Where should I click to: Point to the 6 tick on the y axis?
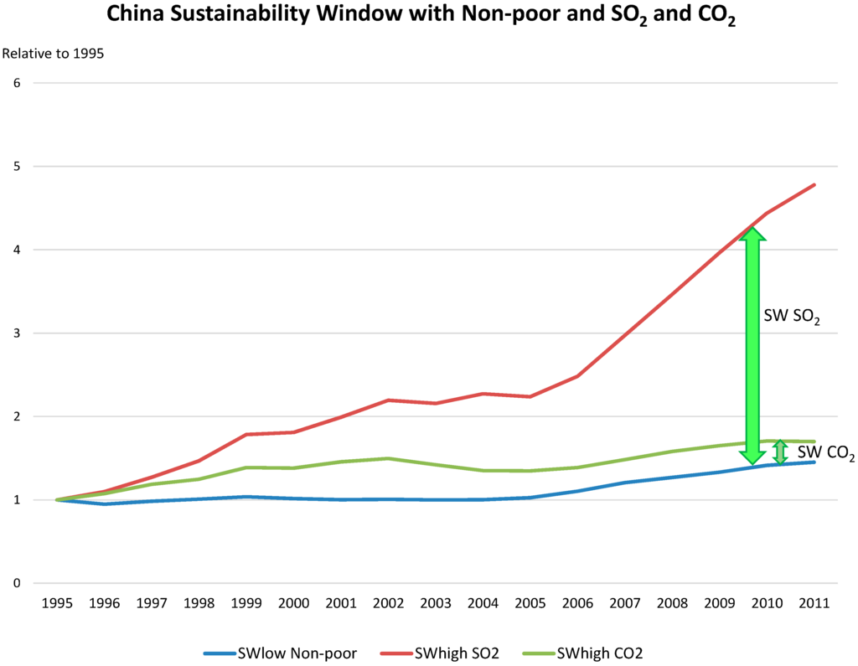point(16,83)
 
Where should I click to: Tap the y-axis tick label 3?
point(16,333)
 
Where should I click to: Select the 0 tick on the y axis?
point(16,584)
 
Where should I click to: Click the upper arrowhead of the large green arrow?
point(752,235)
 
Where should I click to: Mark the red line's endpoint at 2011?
point(814,185)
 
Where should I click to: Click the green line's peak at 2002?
point(388,458)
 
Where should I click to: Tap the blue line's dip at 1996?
point(105,503)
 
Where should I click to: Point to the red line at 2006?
point(577,376)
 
